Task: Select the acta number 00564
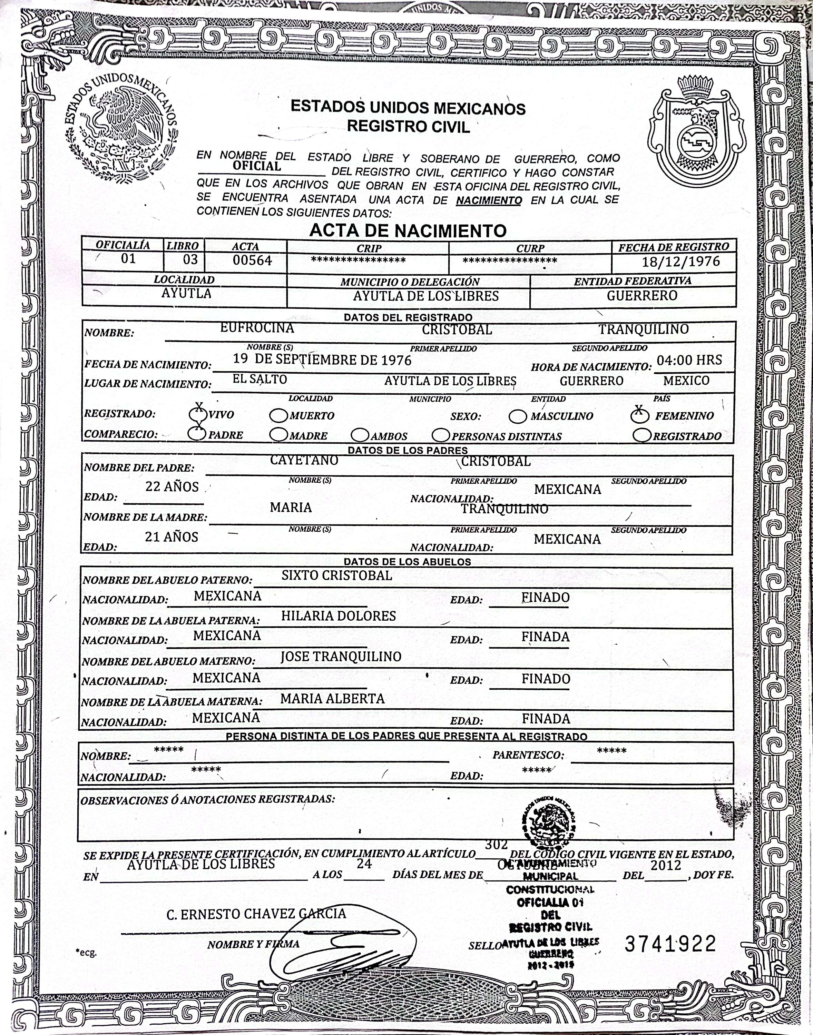click(x=252, y=260)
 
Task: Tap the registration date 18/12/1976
click(x=681, y=261)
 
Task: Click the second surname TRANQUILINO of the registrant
click(x=644, y=329)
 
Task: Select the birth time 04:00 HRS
click(x=689, y=360)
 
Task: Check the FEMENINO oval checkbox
click(x=640, y=415)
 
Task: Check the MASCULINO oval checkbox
click(x=518, y=416)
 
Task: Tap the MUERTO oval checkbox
click(x=278, y=415)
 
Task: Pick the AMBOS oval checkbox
click(x=360, y=435)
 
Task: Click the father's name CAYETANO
click(x=304, y=460)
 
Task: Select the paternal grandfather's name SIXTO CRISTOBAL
click(x=336, y=575)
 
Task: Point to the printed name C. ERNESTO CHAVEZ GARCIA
click(x=256, y=914)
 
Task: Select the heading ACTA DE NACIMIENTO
click(x=408, y=231)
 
